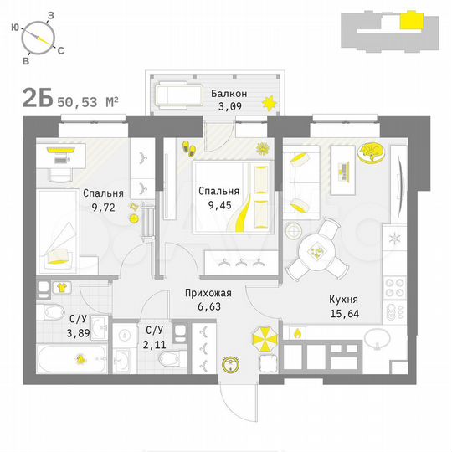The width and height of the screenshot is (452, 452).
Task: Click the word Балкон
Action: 229,93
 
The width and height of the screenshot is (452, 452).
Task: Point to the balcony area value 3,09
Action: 229,106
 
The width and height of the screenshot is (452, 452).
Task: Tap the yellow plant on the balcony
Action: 269,104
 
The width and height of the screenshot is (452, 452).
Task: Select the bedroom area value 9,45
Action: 218,203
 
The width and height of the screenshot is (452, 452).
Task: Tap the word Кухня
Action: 344,300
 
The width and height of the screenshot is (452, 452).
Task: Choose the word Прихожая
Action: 208,293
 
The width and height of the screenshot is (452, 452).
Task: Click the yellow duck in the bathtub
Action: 81,360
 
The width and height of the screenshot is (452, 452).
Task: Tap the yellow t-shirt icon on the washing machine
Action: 60,287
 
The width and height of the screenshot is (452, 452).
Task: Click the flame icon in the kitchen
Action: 295,333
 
